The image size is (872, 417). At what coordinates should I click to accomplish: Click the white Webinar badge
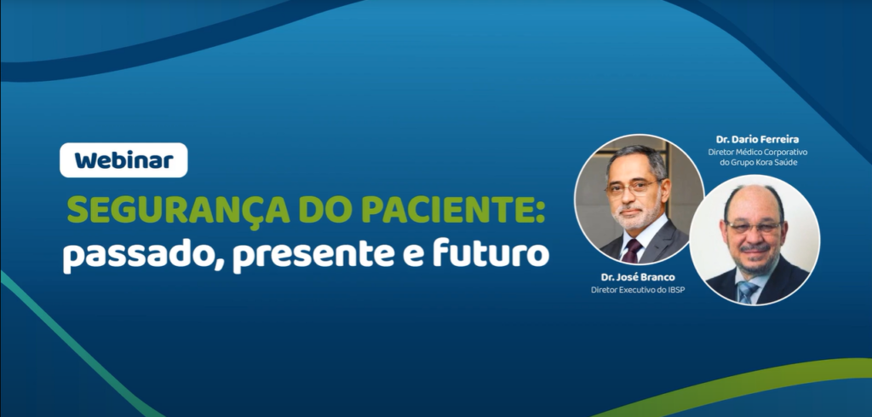[123, 160]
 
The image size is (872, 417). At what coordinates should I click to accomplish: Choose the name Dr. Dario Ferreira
[757, 140]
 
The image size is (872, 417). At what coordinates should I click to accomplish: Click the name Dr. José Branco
[637, 277]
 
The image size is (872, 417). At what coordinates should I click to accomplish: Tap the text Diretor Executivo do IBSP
[637, 289]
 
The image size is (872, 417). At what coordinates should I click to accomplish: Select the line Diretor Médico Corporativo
[757, 152]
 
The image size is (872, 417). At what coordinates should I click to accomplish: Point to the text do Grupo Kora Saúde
[757, 163]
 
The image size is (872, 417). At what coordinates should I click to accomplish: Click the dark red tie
[633, 251]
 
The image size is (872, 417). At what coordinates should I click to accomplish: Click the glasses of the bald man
[754, 227]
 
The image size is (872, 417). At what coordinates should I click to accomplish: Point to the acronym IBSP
[674, 289]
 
